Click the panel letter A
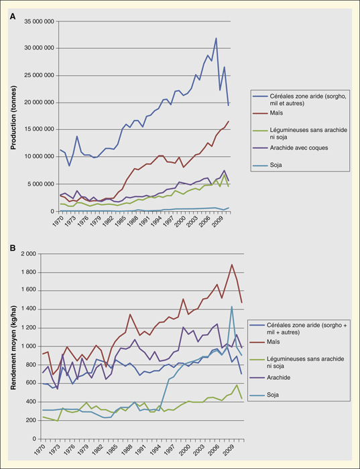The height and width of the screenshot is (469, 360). point(13,17)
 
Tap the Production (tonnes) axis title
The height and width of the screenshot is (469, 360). point(14,117)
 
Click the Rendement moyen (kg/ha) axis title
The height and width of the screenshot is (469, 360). point(14,348)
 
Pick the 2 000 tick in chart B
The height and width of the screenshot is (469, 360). point(29,254)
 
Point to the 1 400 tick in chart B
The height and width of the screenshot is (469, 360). point(29,310)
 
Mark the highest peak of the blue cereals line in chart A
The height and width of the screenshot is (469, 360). point(216,38)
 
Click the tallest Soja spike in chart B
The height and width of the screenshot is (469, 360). point(232,306)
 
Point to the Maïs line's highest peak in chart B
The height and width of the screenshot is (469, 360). point(232,265)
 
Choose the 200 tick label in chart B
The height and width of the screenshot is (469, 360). point(32,420)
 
